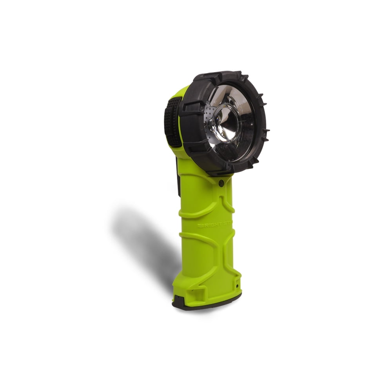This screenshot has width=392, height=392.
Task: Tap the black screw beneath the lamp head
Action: point(221,182)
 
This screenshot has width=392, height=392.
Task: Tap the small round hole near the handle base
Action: point(238,286)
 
